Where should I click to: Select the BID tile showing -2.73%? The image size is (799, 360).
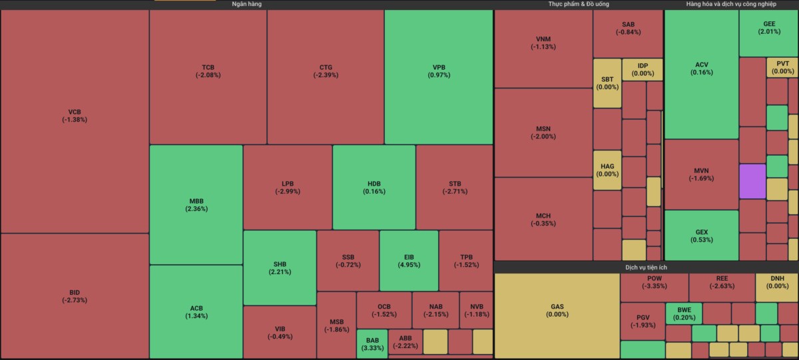tap(75, 296)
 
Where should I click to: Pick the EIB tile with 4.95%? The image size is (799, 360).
tap(409, 260)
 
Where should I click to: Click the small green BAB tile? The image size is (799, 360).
tap(372, 344)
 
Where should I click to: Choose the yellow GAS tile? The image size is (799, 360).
tap(557, 311)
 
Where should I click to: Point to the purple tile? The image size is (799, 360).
tap(752, 181)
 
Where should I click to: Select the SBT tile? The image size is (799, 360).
tap(607, 83)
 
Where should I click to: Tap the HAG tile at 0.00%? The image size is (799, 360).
tap(607, 170)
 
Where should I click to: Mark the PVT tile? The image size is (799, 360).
tap(782, 68)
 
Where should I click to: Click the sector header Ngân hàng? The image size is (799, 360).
tap(246, 5)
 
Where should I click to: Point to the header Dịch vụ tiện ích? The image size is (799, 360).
tap(646, 267)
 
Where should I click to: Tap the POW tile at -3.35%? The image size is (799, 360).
tap(654, 283)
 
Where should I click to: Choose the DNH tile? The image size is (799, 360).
tap(777, 283)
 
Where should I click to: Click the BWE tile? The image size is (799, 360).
tap(684, 313)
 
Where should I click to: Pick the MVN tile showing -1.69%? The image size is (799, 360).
tap(701, 174)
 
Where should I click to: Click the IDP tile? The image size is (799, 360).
tap(643, 69)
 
